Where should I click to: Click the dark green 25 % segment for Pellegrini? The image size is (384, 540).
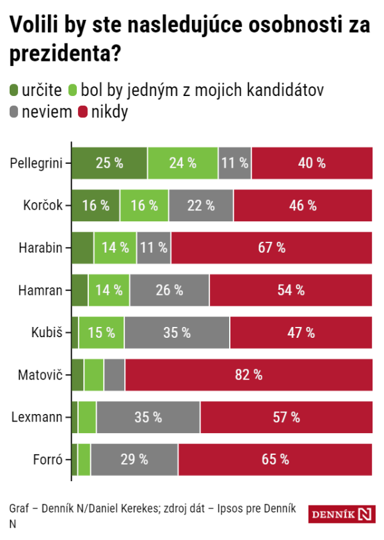(x=109, y=163)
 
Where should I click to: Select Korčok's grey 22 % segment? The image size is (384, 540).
(x=201, y=205)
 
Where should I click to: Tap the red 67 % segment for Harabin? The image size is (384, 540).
(x=272, y=248)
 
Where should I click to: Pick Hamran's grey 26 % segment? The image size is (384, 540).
(x=169, y=290)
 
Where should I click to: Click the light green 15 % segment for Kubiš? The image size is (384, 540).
(x=101, y=332)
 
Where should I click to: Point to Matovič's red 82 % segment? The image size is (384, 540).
(x=249, y=375)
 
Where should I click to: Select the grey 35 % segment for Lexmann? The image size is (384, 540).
(x=148, y=417)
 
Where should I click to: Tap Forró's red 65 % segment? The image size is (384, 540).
(x=275, y=459)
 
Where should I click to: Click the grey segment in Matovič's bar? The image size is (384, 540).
(x=114, y=375)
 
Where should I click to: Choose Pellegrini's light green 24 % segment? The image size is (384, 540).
(x=182, y=163)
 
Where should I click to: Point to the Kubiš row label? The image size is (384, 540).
(x=47, y=332)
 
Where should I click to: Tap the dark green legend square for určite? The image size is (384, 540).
(x=15, y=91)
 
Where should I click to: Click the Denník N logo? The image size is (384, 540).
(x=340, y=514)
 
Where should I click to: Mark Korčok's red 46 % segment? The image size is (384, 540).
(x=303, y=205)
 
